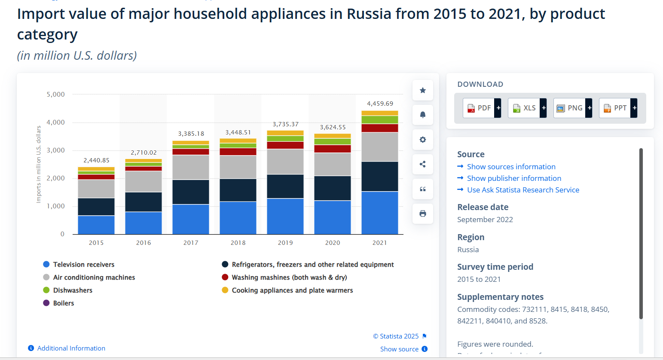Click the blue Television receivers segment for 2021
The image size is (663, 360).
point(379,213)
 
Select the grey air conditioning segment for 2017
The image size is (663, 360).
point(190,167)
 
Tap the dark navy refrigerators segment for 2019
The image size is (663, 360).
point(285,186)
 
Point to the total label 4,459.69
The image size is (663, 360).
point(380,104)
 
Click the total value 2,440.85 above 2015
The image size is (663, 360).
point(96,160)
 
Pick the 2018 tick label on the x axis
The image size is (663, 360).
point(238,243)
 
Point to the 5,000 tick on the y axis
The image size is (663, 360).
point(56,95)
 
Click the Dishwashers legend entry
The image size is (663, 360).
point(72,290)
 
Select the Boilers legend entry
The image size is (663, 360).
point(63,303)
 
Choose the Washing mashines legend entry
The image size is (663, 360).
point(289,278)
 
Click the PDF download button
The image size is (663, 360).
point(482,108)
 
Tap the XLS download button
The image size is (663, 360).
point(527,108)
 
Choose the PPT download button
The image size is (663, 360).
point(618,108)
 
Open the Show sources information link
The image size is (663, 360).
point(511,167)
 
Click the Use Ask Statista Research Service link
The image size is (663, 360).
point(523,190)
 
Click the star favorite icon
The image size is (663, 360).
point(423,90)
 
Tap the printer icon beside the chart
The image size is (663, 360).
point(423,214)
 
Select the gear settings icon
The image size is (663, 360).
point(423,140)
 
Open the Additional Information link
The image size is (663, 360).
point(71,348)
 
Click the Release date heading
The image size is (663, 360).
point(483,207)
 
